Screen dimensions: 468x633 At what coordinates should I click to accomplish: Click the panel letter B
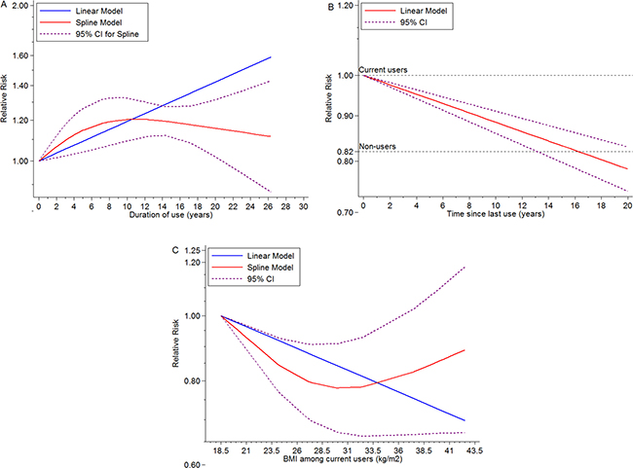click(333, 7)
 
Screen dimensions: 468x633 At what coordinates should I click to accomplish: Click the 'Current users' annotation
click(385, 69)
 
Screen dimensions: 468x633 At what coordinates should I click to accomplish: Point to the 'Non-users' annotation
click(379, 146)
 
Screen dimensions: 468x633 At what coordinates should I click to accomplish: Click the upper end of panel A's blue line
click(297, 57)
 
